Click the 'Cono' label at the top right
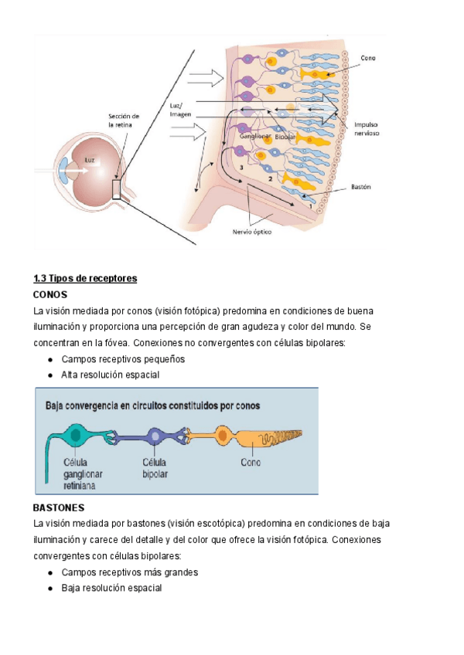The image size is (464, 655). (368, 57)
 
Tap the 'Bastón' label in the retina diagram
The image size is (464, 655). (362, 186)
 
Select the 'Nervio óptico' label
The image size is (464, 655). (252, 230)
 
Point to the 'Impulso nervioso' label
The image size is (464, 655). (366, 128)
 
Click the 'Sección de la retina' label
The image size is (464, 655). (123, 120)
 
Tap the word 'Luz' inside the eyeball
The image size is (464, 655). (91, 161)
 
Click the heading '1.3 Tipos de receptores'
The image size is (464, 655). (85, 278)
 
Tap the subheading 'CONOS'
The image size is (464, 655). (50, 295)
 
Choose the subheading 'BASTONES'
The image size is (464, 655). (59, 508)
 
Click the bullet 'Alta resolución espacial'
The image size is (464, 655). (111, 375)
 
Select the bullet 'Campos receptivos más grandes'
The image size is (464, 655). (130, 572)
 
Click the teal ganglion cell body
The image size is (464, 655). (76, 436)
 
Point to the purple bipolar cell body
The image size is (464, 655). (156, 436)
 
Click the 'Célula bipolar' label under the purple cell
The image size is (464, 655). (155, 467)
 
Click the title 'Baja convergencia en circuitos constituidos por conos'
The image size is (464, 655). (153, 405)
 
